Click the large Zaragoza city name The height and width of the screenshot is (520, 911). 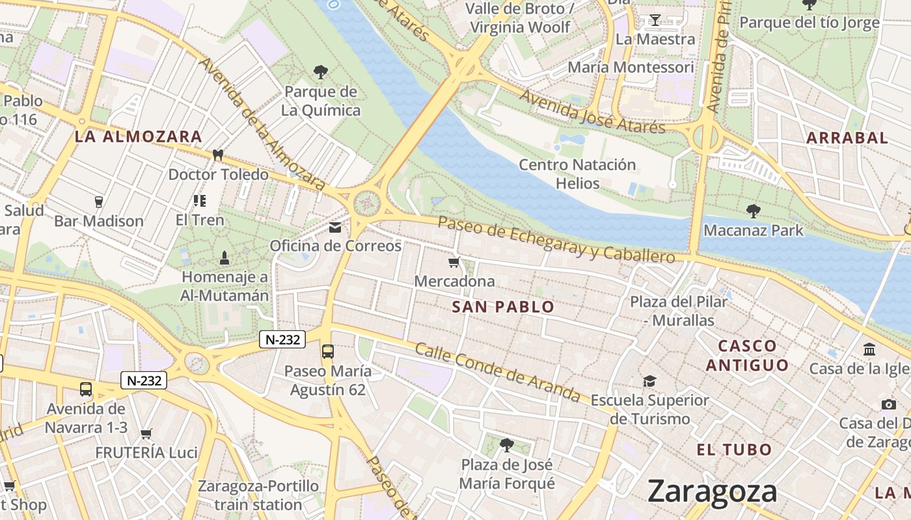[712, 491]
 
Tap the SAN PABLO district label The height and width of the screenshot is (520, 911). [503, 307]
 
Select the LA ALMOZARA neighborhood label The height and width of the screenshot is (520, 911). [138, 137]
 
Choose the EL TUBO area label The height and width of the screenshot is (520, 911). [734, 449]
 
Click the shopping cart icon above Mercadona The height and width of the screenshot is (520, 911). [454, 263]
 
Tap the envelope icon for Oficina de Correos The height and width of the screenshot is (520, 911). [335, 227]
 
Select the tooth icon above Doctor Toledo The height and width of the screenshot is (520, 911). [218, 155]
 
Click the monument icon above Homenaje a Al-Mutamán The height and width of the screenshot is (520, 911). [224, 257]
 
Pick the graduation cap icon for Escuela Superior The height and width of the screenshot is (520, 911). [649, 381]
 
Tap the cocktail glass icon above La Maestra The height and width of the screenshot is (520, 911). [655, 20]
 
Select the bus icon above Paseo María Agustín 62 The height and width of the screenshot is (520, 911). [327, 352]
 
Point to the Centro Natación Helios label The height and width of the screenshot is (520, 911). [577, 174]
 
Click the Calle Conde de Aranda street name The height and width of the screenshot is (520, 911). [498, 372]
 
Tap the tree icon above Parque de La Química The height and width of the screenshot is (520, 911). [320, 72]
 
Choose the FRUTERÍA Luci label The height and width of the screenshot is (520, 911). [146, 453]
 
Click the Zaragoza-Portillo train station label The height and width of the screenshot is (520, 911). [258, 495]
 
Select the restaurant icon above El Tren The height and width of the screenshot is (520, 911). [199, 201]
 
